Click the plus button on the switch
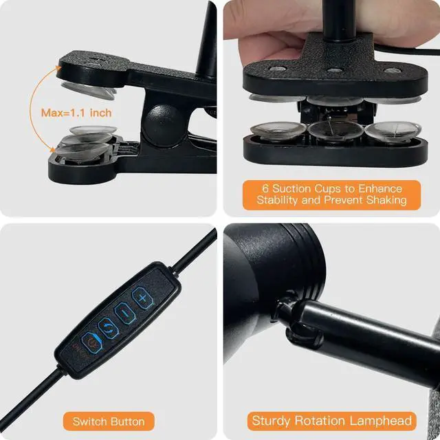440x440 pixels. point(142,298)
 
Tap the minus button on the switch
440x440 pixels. point(125,313)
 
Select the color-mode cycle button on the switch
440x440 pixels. point(109,328)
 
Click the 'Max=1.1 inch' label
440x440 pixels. point(76,113)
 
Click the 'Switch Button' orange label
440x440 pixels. point(109,421)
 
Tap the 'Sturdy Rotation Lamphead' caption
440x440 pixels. point(331,421)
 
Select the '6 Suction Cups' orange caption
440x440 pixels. point(331,195)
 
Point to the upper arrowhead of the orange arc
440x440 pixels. point(58,69)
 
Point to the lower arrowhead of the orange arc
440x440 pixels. point(52,149)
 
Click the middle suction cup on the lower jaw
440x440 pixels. point(335,131)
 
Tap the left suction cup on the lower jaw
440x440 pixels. point(278,131)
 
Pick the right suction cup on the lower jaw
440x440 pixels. point(393,130)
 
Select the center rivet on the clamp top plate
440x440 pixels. point(335,70)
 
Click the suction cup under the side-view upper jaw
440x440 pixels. point(89,90)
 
